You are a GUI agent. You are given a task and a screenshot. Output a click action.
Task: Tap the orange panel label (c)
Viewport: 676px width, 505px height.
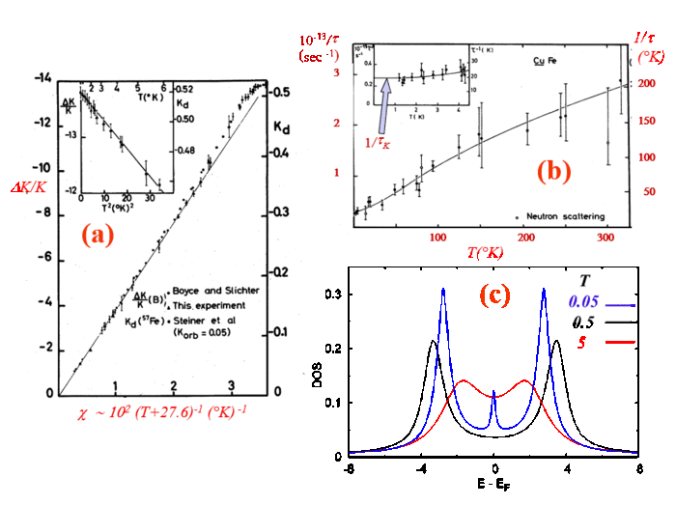(x=493, y=295)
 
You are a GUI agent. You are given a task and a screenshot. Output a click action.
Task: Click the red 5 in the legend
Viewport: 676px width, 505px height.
(x=582, y=341)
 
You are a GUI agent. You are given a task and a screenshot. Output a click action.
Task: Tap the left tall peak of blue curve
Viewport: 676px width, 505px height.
(x=443, y=299)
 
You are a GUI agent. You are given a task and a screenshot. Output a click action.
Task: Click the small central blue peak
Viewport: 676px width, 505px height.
(x=494, y=395)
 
